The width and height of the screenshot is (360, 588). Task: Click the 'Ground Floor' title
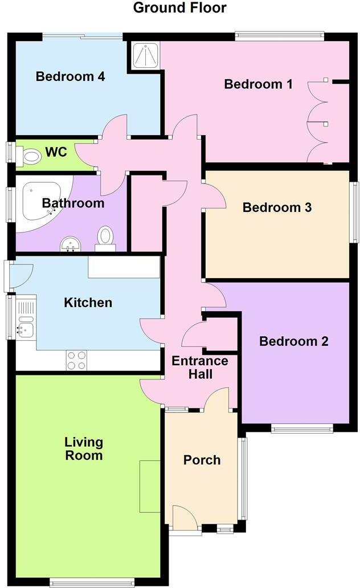coord(179,8)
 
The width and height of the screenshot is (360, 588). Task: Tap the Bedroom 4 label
coord(70,76)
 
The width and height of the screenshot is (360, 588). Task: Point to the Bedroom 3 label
coord(277,207)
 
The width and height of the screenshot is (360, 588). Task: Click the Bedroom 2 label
coord(294,341)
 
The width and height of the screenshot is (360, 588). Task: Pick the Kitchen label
coord(88,302)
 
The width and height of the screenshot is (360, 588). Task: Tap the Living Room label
coord(84,448)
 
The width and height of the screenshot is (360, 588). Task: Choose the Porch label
coord(202,460)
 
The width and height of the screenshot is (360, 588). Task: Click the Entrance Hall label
coord(200,367)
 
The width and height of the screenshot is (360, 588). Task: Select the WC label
coord(56,152)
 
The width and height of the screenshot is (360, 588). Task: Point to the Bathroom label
coord(73,203)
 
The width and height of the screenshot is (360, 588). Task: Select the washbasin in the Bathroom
coord(71,244)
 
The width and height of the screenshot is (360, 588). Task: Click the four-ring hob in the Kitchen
coord(77,360)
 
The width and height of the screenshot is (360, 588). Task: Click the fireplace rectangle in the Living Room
coord(150,485)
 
